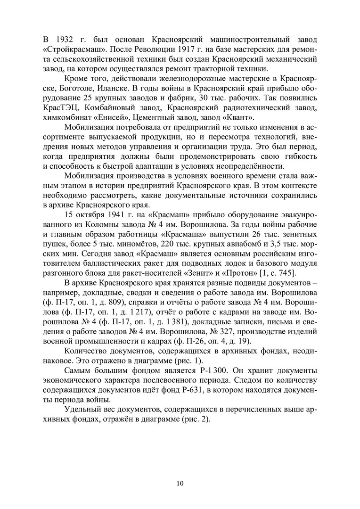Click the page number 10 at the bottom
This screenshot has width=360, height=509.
click(x=180, y=483)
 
